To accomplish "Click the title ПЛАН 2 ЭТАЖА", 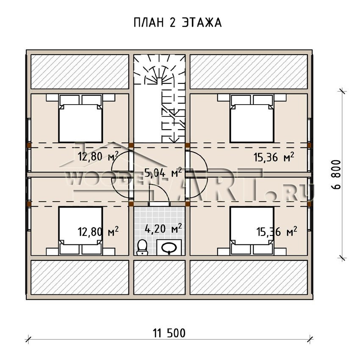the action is point(177,23).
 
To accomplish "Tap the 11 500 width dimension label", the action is point(169,333).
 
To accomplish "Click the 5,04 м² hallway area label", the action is point(163,173).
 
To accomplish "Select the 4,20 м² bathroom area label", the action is point(163,228).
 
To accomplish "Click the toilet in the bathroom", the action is point(142,247).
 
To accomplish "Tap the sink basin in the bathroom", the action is point(169,248).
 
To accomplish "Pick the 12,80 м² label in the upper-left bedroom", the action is point(98,156).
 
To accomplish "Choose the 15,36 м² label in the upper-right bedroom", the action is point(274,157).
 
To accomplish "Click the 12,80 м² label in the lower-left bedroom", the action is point(98,232).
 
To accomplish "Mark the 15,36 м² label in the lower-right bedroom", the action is point(277,232).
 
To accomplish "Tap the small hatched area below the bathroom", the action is point(159,277).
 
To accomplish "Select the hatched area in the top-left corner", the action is point(80,72).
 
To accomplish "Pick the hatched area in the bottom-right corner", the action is point(249,277).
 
